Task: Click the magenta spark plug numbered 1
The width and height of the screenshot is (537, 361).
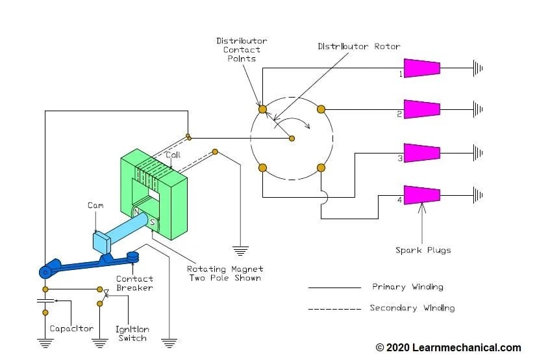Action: (421, 68)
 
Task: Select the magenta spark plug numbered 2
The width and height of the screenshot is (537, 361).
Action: (421, 109)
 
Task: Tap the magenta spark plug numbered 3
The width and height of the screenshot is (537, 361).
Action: (421, 153)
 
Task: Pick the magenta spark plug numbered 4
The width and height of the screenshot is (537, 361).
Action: (421, 193)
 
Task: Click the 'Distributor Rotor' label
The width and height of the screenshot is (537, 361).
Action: (358, 46)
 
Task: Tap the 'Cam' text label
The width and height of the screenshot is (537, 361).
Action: (95, 206)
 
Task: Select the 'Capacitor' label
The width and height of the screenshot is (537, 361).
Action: (71, 329)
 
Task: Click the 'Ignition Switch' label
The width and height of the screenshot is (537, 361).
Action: (131, 334)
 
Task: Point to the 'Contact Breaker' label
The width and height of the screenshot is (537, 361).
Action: (134, 283)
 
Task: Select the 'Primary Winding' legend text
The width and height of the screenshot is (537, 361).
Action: (407, 287)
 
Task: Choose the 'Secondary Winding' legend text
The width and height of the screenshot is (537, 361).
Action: (412, 308)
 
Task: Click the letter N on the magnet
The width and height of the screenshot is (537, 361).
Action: (136, 213)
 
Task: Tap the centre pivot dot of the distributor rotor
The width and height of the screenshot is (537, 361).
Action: (292, 138)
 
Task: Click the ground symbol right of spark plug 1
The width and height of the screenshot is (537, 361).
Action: (478, 68)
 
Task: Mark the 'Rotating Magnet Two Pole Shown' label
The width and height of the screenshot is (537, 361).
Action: (225, 273)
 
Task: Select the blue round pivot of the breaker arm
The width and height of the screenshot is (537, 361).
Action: (45, 270)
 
